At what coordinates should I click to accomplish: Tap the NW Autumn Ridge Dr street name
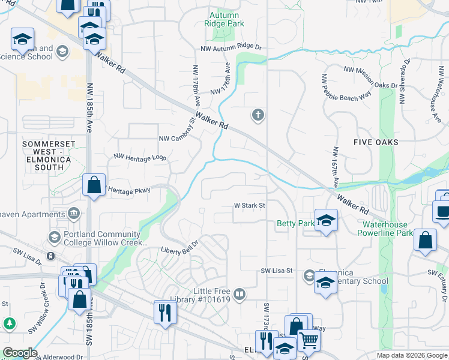point(231,47)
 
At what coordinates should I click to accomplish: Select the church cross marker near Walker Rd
point(258,115)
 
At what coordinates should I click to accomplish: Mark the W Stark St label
point(249,205)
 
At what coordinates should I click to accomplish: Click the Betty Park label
point(295,224)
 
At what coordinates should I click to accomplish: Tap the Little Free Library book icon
point(239,293)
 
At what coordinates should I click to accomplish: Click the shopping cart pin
point(309,340)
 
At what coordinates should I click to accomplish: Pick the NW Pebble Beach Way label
point(346,89)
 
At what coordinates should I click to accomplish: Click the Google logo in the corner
point(19,353)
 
